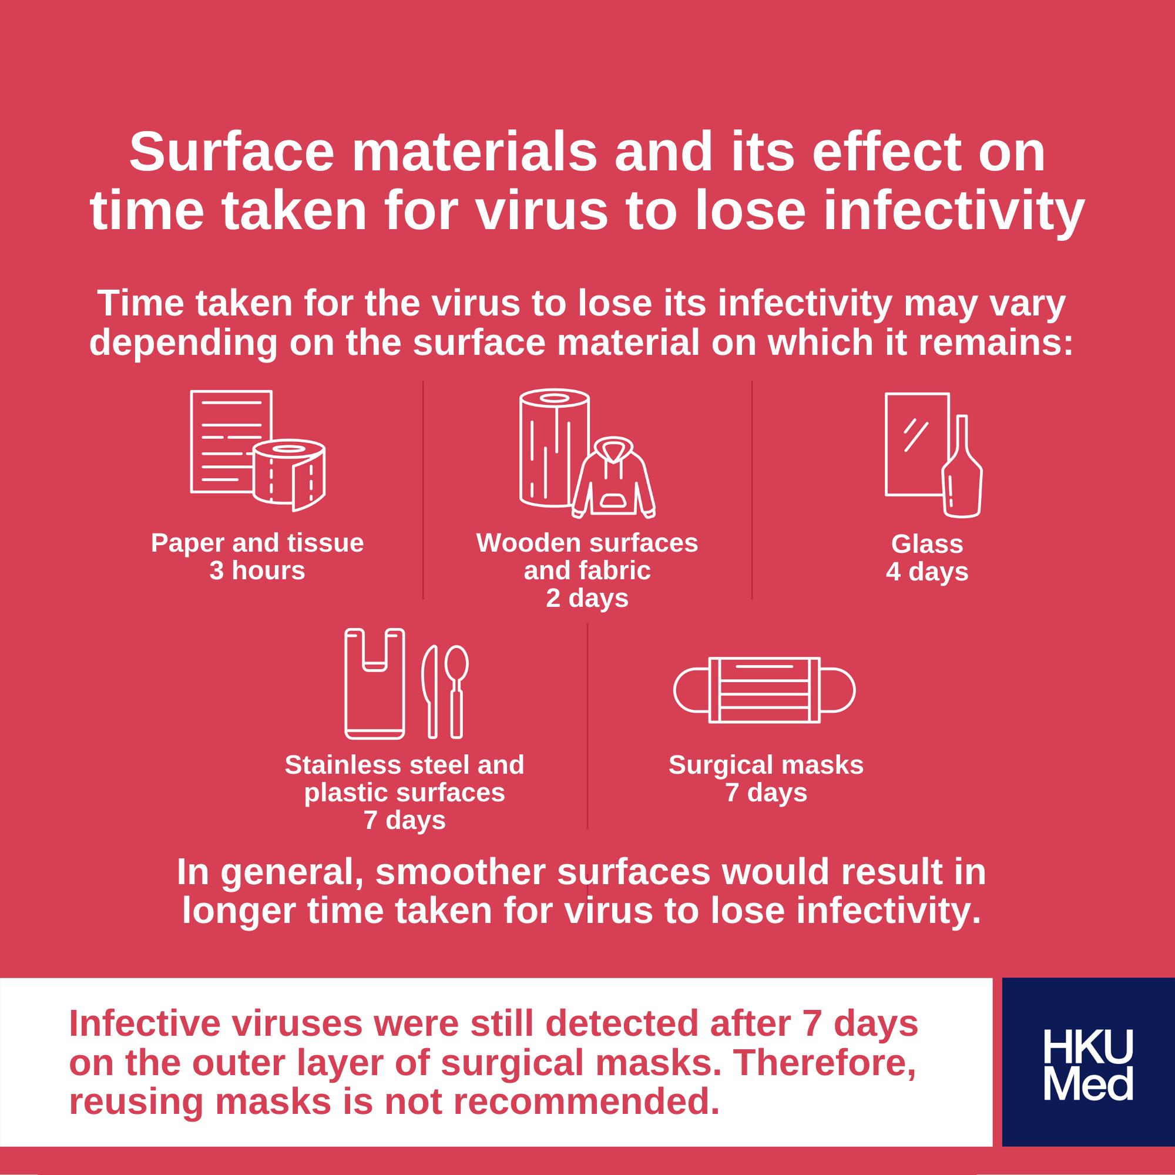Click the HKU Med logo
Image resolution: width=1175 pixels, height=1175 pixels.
click(1088, 1065)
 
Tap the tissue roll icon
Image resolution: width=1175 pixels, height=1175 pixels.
click(289, 475)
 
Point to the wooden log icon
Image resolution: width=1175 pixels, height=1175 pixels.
click(554, 448)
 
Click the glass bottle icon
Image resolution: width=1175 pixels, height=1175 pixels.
click(962, 466)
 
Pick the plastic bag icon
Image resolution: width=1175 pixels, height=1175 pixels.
click(375, 684)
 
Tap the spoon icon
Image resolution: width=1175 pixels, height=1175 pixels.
click(456, 692)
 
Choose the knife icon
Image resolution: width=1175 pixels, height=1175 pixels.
click(430, 692)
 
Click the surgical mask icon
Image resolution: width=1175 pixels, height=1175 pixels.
click(764, 690)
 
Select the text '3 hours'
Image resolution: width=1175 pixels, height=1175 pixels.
click(257, 570)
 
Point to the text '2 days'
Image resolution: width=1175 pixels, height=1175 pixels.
click(587, 598)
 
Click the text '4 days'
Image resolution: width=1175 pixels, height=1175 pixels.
click(927, 571)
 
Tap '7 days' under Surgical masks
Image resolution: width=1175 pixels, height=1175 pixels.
click(766, 793)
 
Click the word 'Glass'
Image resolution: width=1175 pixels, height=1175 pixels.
click(927, 543)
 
